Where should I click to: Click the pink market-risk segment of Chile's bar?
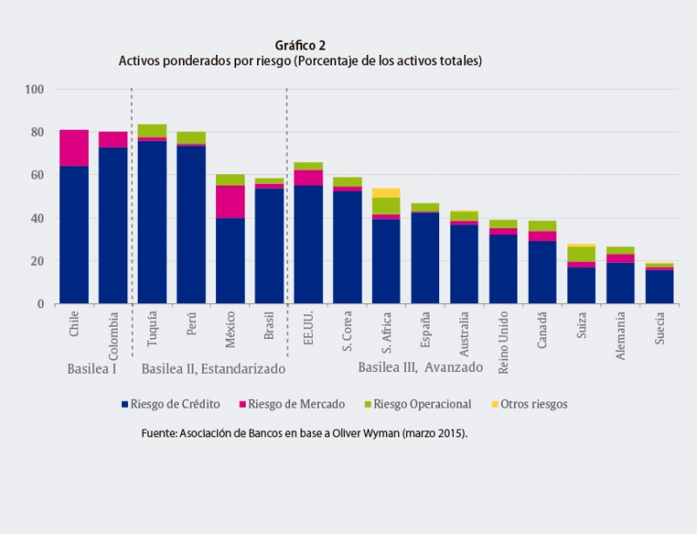pos(74,147)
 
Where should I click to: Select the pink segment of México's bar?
pos(230,201)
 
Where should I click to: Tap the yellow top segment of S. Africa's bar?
pos(386,193)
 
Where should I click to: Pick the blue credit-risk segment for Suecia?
pos(659,287)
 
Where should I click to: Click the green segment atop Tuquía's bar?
pos(152,131)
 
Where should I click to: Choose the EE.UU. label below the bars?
pos(308,329)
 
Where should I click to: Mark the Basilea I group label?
pos(93,368)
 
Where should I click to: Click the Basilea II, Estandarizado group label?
pos(213,368)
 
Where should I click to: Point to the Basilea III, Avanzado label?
pos(420,368)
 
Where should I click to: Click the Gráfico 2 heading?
pos(301,45)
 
